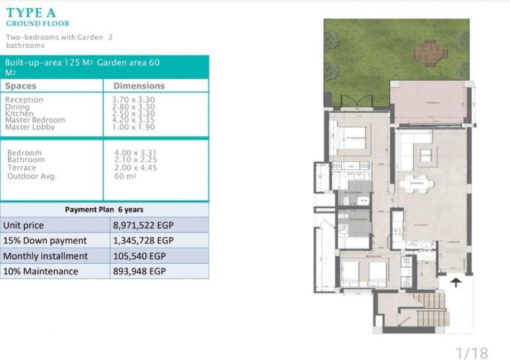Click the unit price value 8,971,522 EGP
[143, 225]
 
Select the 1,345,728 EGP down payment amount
[143, 241]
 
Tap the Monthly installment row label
[45, 256]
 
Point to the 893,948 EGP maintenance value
[139, 271]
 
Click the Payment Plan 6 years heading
[104, 210]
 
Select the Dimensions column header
[139, 86]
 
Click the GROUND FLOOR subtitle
[38, 24]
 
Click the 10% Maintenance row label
[41, 271]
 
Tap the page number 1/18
[472, 352]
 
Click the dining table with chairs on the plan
[416, 184]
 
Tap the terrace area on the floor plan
[429, 103]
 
